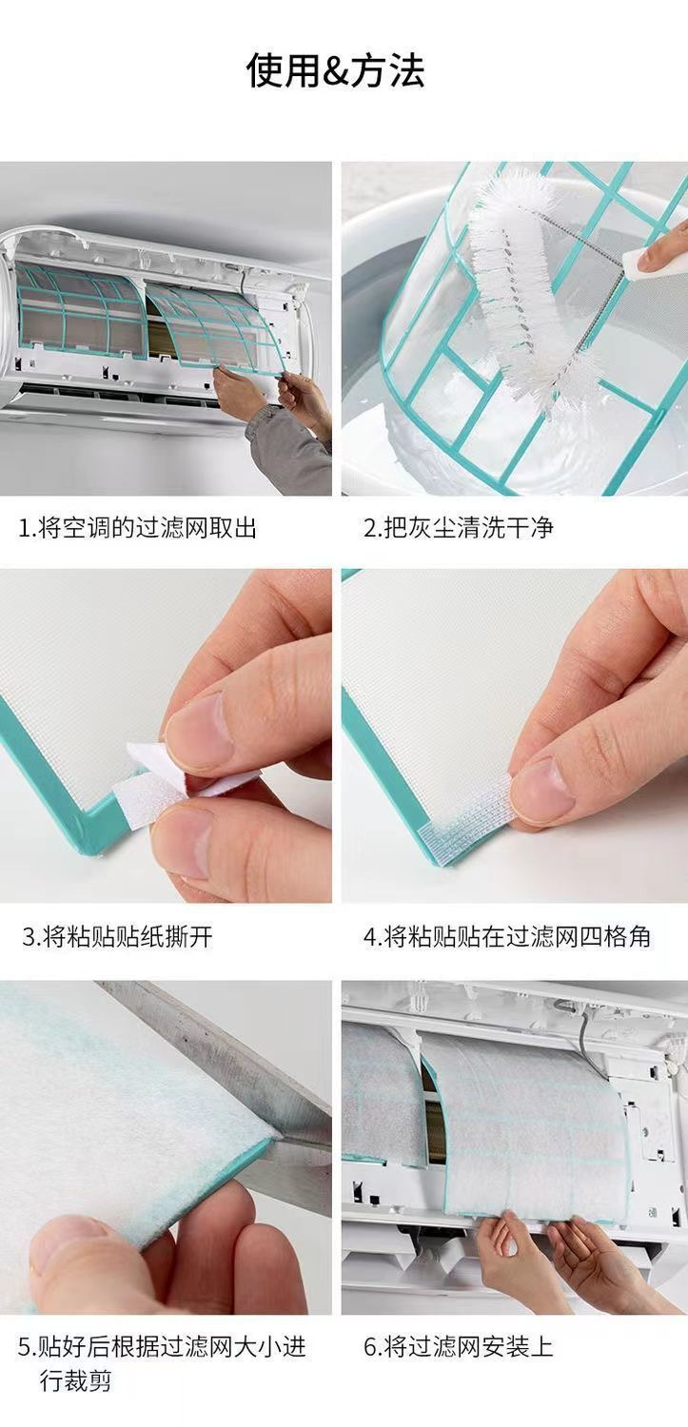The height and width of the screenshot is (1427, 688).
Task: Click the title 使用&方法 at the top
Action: point(335,70)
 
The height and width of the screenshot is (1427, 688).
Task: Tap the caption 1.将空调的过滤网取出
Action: point(137,528)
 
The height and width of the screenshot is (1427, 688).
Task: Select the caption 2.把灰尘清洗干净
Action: point(459,528)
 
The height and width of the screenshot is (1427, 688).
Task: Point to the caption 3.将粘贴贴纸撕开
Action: point(117,937)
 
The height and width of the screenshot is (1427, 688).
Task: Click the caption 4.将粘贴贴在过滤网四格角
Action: point(507,937)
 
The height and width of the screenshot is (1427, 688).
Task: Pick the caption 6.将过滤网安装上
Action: point(458,1347)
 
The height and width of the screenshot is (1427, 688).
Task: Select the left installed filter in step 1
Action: point(80,312)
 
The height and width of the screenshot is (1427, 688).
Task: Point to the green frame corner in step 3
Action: point(95,822)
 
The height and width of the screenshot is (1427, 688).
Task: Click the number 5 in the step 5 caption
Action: point(25,1347)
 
